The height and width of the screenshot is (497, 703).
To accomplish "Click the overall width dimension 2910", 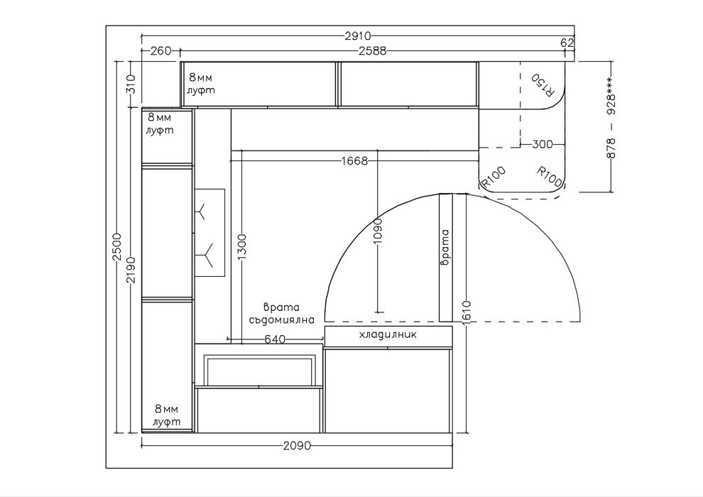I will point(357,35).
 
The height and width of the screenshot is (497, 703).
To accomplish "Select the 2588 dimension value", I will point(374,50).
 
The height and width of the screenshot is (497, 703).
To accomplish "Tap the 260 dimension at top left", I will point(161,50).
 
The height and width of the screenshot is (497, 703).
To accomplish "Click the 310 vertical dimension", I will point(131,84).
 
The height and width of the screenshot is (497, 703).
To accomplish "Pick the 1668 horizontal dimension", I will point(354,160).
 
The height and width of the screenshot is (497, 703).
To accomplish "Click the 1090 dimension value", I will point(378,231).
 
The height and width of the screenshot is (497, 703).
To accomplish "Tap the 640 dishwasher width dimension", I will point(275,339).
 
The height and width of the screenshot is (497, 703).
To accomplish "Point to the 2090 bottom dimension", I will point(297,446).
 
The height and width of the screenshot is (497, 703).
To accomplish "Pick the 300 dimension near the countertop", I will point(543,145).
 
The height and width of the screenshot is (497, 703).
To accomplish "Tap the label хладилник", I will point(388,334).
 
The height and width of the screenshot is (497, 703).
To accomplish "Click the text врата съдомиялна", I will point(282,314).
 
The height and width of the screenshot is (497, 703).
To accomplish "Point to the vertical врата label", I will point(445,248).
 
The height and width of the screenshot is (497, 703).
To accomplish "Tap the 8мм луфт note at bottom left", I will point(167,415).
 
